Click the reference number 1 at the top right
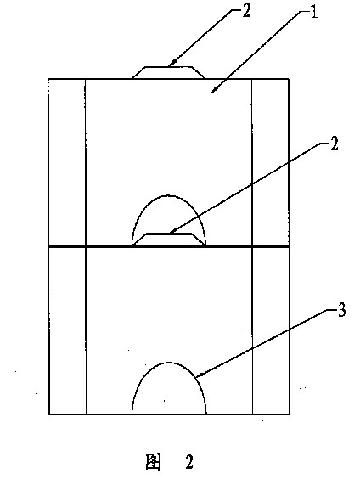(x=314, y=13)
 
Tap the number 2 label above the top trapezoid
(x=246, y=11)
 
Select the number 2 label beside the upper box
(x=335, y=144)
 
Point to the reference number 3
(x=341, y=311)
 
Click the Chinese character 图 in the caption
(x=153, y=461)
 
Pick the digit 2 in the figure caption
(x=189, y=462)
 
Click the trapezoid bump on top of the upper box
(x=169, y=73)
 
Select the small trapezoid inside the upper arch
(x=169, y=239)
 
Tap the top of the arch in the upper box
(x=168, y=196)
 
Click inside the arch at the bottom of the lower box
(x=169, y=391)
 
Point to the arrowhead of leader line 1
(x=215, y=89)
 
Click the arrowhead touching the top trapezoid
(x=172, y=64)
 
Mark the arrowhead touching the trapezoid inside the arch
(x=172, y=231)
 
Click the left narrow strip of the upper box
(x=67, y=162)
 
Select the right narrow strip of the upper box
(x=270, y=162)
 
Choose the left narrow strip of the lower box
(x=67, y=330)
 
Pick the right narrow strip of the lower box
(x=271, y=330)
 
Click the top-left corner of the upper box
(x=48, y=79)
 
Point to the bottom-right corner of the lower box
(x=289, y=414)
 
